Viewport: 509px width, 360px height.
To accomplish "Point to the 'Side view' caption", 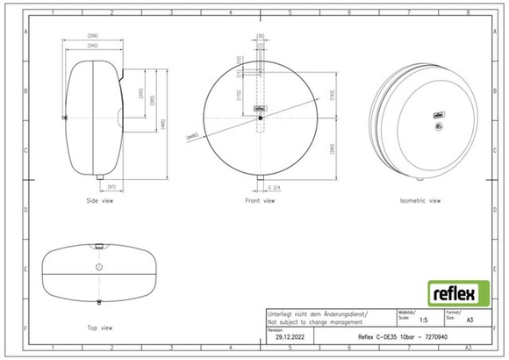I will click(x=100, y=201).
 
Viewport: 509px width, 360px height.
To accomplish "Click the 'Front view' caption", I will click(x=260, y=201).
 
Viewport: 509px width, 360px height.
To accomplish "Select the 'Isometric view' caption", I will click(x=419, y=201).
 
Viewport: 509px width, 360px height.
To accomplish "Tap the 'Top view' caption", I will click(x=99, y=328).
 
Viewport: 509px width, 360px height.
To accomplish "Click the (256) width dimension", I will click(x=92, y=36).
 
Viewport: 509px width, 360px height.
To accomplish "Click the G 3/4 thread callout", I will click(x=274, y=185).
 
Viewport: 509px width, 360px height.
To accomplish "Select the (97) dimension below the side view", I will click(x=111, y=186).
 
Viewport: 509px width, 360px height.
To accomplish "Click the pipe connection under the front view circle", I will click(x=261, y=180).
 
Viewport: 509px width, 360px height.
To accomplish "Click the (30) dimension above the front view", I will click(x=261, y=36).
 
